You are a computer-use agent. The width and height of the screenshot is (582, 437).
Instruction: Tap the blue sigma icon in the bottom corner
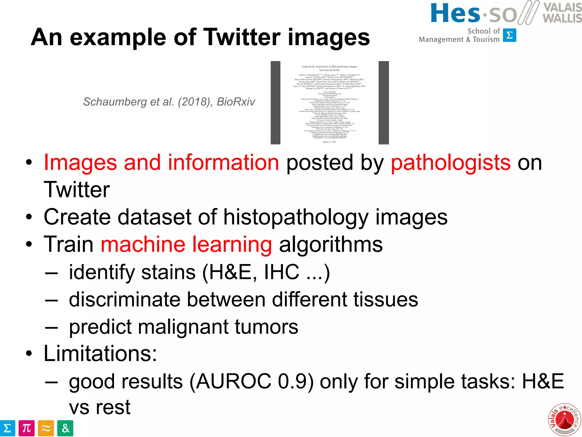[7, 428]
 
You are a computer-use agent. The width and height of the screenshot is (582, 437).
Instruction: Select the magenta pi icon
[27, 428]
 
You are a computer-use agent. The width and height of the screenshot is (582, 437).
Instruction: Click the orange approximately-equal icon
[46, 428]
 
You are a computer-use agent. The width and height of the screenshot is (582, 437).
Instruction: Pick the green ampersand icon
[65, 428]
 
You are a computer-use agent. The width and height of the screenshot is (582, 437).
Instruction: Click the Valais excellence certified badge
[564, 419]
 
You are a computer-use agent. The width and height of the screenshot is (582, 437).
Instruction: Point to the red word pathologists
[451, 162]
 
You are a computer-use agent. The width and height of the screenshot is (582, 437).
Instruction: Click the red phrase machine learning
[186, 244]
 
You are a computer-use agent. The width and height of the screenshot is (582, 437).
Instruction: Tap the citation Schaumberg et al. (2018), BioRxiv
[169, 102]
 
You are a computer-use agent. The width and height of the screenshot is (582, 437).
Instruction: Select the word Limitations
[100, 354]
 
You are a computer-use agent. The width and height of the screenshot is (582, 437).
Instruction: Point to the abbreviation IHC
[281, 272]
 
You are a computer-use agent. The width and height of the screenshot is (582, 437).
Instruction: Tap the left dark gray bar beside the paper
[275, 103]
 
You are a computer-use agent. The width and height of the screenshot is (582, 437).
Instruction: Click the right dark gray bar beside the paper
[383, 103]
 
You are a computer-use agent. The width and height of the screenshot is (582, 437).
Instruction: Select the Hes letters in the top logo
[455, 13]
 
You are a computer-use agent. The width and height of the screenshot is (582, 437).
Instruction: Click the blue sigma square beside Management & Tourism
[509, 35]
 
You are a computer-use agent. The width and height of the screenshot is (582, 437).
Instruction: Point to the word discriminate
[124, 300]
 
